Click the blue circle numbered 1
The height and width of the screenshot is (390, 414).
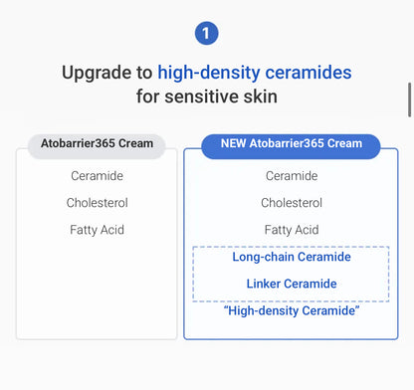[x=207, y=34]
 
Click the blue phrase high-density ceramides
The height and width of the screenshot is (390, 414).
[x=255, y=73]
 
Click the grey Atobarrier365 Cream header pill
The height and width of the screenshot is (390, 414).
[x=98, y=143]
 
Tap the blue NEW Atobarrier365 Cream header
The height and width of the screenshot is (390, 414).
[x=291, y=143]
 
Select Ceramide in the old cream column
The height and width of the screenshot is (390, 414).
[x=97, y=176]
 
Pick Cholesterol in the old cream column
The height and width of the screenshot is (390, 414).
[x=97, y=203]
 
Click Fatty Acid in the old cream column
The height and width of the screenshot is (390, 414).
[x=97, y=230]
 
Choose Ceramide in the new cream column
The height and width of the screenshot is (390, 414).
[x=292, y=176]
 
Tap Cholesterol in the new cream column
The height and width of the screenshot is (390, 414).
[x=292, y=203]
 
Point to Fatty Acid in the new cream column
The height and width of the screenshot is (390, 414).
[x=292, y=230]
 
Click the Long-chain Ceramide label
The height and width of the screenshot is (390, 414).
[x=292, y=257]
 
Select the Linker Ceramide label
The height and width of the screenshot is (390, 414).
[x=292, y=284]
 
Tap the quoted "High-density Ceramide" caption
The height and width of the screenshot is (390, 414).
[x=292, y=311]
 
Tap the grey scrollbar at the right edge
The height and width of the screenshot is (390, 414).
[x=409, y=100]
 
